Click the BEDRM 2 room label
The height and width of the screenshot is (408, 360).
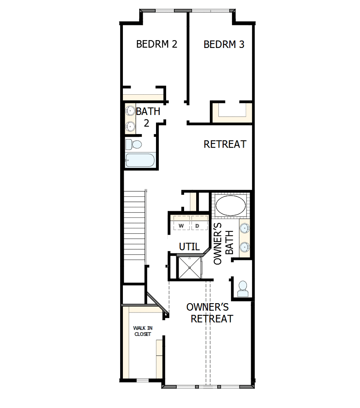(156, 44)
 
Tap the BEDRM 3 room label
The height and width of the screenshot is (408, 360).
(224, 44)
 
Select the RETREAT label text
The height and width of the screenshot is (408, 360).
(225, 144)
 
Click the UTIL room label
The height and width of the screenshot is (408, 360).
(189, 247)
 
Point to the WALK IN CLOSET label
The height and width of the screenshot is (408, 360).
(143, 331)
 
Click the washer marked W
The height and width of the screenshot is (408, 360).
(181, 226)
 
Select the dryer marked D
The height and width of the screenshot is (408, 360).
(197, 226)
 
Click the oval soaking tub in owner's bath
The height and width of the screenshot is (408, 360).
(231, 205)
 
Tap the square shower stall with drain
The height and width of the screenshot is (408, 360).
(190, 268)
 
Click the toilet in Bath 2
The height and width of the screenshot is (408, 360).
(133, 145)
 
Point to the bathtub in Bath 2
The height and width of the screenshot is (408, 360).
(140, 161)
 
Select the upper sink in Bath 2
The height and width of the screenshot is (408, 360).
(130, 111)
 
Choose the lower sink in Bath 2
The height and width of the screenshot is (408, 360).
(130, 126)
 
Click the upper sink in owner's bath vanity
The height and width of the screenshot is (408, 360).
(244, 228)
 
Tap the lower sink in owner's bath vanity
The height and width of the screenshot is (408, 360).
(244, 246)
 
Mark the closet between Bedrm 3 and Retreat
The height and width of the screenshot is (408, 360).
(232, 112)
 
